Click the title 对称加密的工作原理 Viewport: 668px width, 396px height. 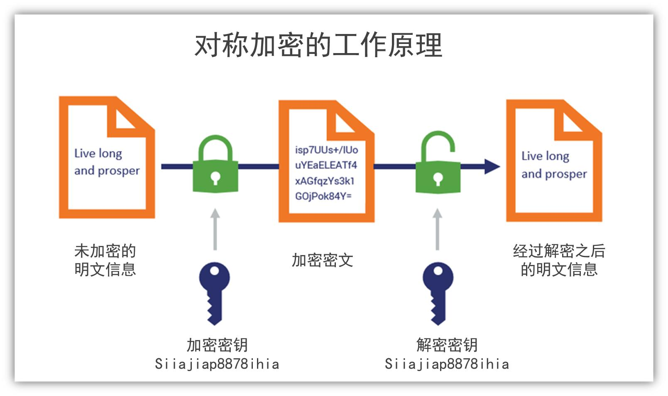click(318, 45)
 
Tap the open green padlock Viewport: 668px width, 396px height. click(438, 166)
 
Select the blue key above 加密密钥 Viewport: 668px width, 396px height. click(214, 292)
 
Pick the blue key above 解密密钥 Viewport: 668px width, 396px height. click(438, 292)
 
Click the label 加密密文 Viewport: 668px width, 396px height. click(322, 260)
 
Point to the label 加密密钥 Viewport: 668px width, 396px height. click(217, 345)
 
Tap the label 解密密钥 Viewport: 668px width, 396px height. click(447, 345)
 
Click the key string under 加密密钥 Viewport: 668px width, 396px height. click(217, 364)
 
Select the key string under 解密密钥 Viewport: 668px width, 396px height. click(447, 364)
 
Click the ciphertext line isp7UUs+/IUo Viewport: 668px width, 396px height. click(326, 150)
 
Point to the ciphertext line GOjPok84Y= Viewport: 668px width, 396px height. click(323, 196)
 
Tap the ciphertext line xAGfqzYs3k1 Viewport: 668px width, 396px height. click(325, 181)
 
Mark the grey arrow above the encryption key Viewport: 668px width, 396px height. click(215, 229)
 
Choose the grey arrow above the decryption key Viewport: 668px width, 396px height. click(437, 229)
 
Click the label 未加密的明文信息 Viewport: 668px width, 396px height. click(105, 260)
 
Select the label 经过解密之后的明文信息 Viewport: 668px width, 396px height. click(559, 260)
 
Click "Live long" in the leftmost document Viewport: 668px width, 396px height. click(98, 153)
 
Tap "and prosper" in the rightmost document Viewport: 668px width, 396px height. click(554, 174)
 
